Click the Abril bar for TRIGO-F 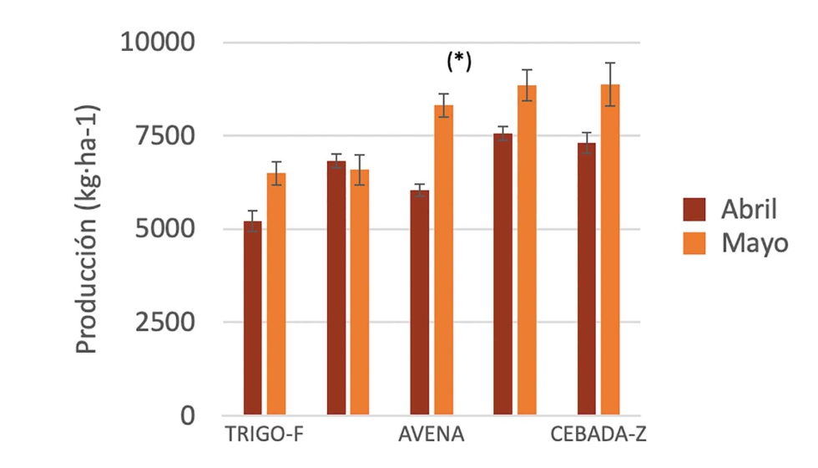click(252, 318)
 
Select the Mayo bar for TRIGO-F click(276, 293)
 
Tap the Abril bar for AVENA click(419, 302)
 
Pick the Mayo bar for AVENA click(443, 259)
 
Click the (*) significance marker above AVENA click(458, 61)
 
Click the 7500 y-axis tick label click(165, 135)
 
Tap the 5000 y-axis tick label click(165, 229)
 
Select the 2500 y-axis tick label click(165, 322)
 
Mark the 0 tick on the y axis click(188, 415)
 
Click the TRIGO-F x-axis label click(264, 438)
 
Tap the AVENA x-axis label click(431, 438)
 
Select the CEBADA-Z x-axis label click(598, 438)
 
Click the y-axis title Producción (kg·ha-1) click(87, 229)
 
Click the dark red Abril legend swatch click(694, 209)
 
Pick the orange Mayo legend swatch click(694, 243)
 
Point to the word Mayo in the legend click(755, 243)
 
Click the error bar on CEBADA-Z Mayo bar click(610, 84)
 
